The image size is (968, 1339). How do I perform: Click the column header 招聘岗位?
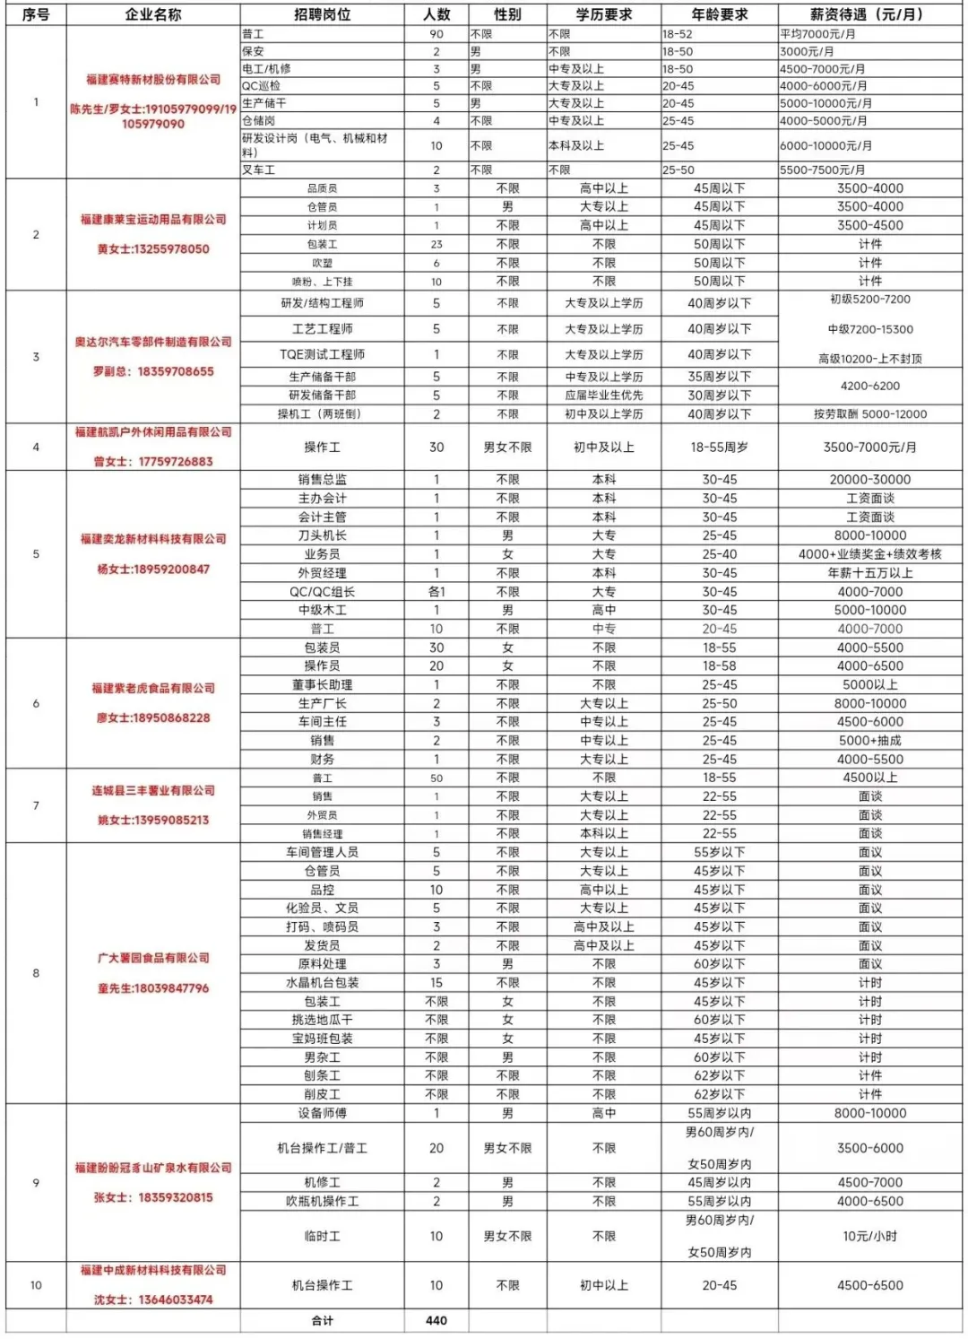[x=322, y=14]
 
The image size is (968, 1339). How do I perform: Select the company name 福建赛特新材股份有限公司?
[x=153, y=80]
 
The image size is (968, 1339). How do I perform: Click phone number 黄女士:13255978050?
[x=153, y=249]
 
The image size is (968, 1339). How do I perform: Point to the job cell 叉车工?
[x=259, y=170]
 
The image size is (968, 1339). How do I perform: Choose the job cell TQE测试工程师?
[x=322, y=354]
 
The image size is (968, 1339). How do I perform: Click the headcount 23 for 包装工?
[x=436, y=244]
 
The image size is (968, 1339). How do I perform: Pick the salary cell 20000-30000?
[x=869, y=480]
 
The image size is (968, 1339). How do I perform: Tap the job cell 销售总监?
[x=322, y=480]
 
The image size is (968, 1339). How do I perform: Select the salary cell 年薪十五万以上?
[x=869, y=573]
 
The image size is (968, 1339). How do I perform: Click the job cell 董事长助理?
[x=322, y=684]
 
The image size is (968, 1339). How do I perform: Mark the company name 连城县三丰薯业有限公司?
[x=153, y=790]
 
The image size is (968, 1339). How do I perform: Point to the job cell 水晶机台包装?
[x=322, y=983]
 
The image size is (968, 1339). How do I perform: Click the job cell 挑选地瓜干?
[x=322, y=1020]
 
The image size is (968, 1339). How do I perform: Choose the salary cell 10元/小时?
[x=869, y=1236]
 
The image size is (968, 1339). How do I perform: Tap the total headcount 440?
[x=436, y=1320]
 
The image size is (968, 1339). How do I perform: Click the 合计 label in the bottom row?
[x=322, y=1320]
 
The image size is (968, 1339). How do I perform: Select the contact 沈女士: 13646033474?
[x=153, y=1300]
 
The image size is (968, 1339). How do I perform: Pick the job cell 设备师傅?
[x=322, y=1113]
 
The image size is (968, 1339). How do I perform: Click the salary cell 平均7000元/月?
[x=817, y=34]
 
